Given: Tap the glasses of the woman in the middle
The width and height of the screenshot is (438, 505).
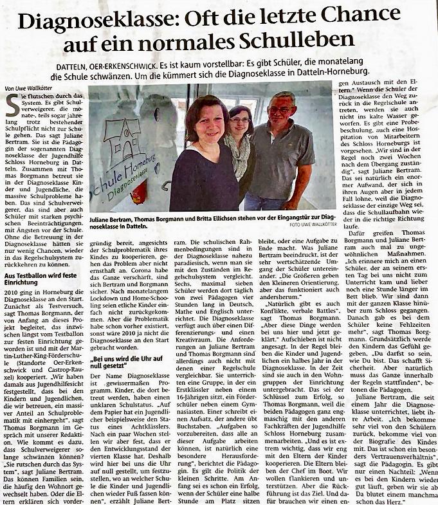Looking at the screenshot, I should [241, 119].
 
